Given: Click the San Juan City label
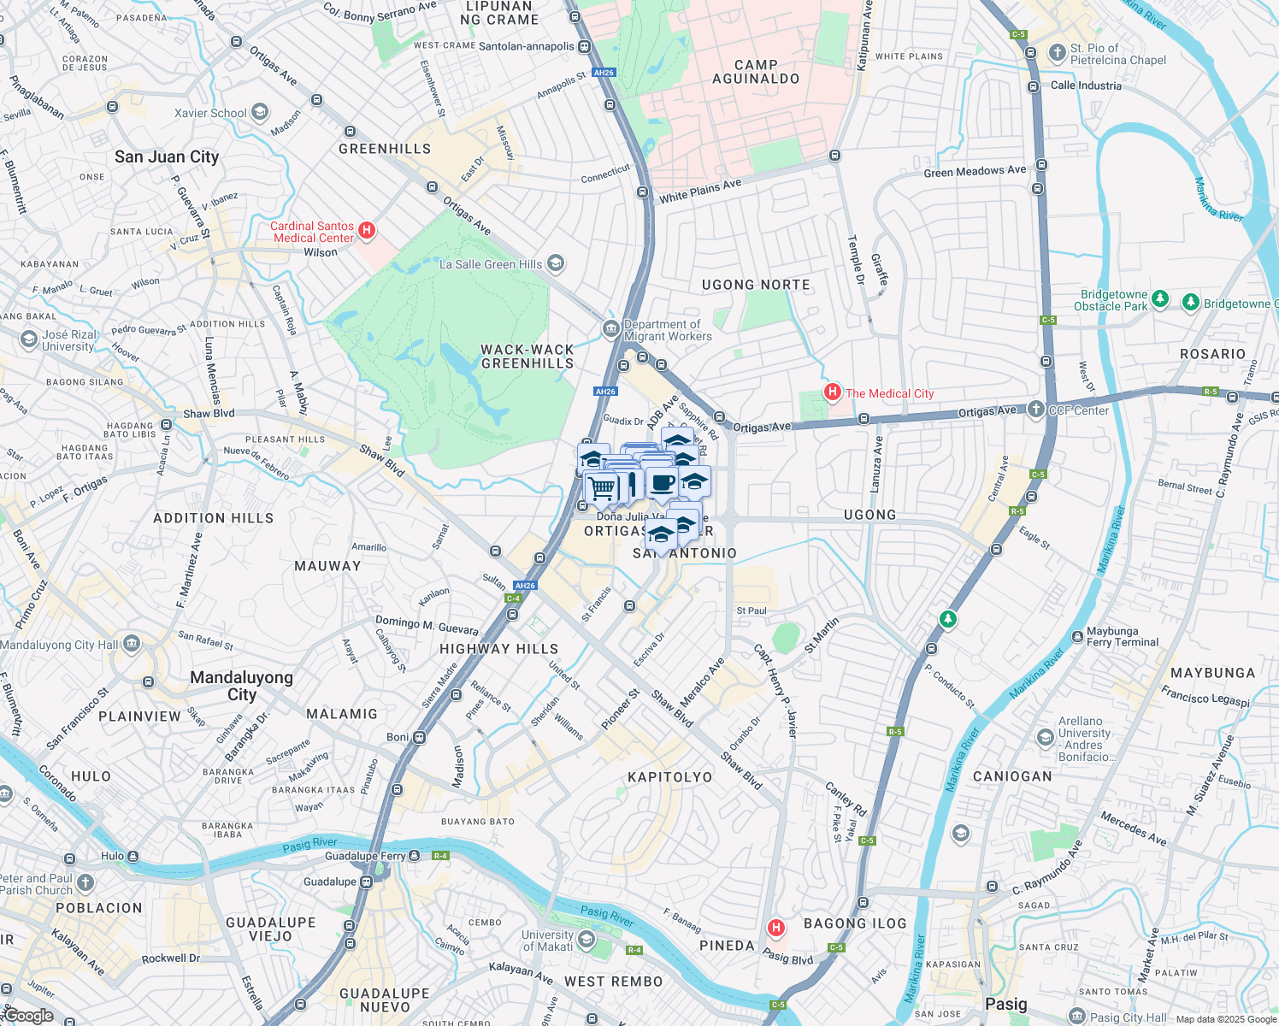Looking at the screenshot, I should point(167,156).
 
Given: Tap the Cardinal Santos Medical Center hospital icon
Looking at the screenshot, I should point(367,230).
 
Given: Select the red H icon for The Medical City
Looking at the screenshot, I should point(832,392).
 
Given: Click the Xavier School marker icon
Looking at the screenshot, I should point(260,113).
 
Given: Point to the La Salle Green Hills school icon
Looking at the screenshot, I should point(556,263).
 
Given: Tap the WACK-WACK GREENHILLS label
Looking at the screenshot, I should point(528,357).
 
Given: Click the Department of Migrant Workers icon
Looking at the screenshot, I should point(610,328).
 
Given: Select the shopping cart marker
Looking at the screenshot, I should point(602,488).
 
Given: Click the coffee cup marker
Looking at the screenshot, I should point(662,483).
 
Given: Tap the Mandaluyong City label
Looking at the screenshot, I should point(241,686).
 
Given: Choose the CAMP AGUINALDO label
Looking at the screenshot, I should point(756,72).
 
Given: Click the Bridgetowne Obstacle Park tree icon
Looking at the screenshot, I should point(1160,298).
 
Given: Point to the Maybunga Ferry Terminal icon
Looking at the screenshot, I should point(1077,636).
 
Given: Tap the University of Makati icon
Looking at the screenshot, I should point(586,940).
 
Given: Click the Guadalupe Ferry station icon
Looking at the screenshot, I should point(415,856).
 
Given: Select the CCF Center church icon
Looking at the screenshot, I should point(1036,410).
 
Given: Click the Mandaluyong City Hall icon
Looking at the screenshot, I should point(131,644).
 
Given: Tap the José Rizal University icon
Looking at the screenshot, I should point(29,340).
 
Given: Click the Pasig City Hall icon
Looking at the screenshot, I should point(1077,1017).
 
